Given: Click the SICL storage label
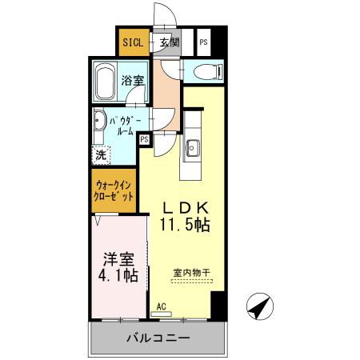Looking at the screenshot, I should (x=133, y=42).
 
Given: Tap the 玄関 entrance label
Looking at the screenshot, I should (x=169, y=42).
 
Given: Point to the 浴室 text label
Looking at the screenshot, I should (x=132, y=80).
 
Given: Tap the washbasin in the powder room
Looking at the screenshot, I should (x=98, y=124).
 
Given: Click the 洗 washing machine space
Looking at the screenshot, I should (x=102, y=154).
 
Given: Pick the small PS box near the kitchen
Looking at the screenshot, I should (x=144, y=139).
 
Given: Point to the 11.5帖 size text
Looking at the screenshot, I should (x=184, y=225).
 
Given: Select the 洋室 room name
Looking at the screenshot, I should (x=117, y=259).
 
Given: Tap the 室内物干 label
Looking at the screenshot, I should (x=190, y=273).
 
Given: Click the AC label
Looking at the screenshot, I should (x=161, y=306).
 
